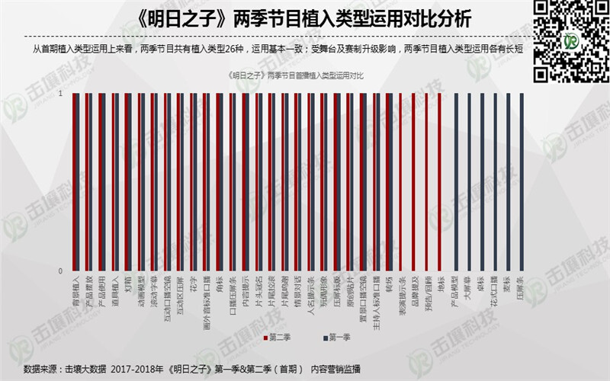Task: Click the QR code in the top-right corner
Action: (x=570, y=40)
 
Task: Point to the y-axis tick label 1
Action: (x=61, y=94)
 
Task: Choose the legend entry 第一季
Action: (x=333, y=336)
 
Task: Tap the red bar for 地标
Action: (x=440, y=182)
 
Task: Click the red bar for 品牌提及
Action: (x=414, y=182)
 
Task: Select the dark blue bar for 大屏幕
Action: (x=468, y=182)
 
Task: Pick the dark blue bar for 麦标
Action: (x=508, y=182)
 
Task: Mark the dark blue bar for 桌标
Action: (x=481, y=182)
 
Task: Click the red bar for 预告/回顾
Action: (x=427, y=182)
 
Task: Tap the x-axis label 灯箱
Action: (x=128, y=285)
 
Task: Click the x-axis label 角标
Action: (x=220, y=285)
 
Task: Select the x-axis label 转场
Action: (x=388, y=285)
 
